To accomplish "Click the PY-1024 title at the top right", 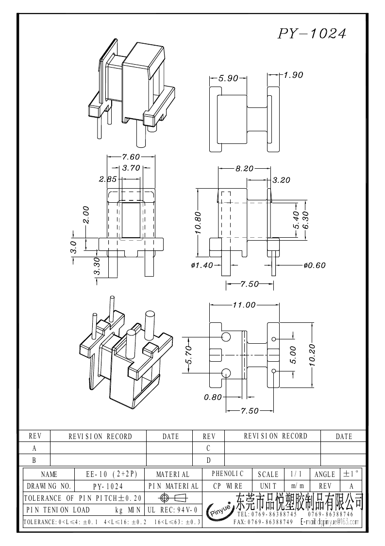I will pyautogui.click(x=312, y=34).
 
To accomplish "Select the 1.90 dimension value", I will pyautogui.click(x=293, y=75).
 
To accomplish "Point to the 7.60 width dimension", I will pyautogui.click(x=131, y=157).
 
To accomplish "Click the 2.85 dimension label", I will pyautogui.click(x=107, y=179).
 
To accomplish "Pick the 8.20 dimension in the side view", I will pyautogui.click(x=244, y=168).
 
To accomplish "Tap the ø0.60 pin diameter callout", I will pyautogui.click(x=314, y=265).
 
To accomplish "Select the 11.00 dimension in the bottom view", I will pyautogui.click(x=244, y=305).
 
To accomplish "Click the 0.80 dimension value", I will pyautogui.click(x=213, y=397).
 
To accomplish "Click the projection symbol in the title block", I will pyautogui.click(x=173, y=498).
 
